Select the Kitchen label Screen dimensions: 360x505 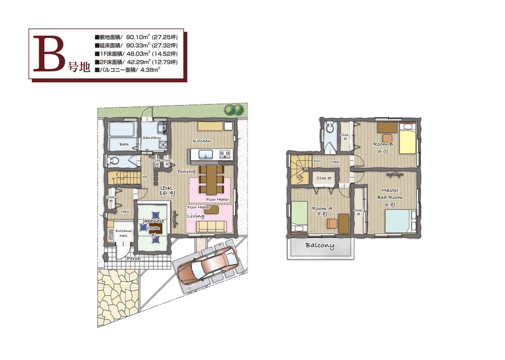[x=201, y=141]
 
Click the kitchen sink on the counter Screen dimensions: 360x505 [x=205, y=154]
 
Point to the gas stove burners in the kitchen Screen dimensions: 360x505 [x=225, y=154]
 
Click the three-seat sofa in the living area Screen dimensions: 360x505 [x=208, y=226]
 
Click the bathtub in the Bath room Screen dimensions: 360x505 [x=122, y=130]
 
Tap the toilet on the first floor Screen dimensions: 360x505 [x=114, y=161]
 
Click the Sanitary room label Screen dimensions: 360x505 [x=151, y=137]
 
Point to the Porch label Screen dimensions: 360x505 [x=133, y=258]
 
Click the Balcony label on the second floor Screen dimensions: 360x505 [x=319, y=246]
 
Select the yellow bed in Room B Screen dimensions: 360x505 [x=407, y=140]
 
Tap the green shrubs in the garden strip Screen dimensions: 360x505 [x=233, y=109]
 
